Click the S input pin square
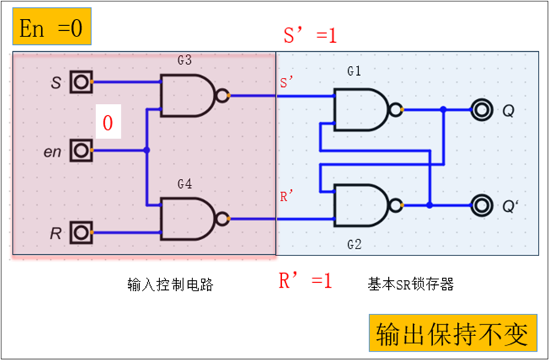[x=81, y=82]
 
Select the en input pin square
[x=81, y=150]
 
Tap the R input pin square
[x=81, y=232]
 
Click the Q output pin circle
[x=482, y=109]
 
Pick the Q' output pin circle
[x=482, y=205]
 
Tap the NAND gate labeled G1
[x=359, y=109]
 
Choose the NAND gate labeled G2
[x=359, y=205]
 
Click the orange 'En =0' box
[x=51, y=28]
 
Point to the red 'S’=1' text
[x=310, y=35]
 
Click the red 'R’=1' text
[x=305, y=281]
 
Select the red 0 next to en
[x=107, y=124]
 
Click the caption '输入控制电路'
[x=170, y=284]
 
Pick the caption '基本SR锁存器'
[x=411, y=284]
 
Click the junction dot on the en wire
[x=146, y=150]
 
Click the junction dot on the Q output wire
[x=443, y=109]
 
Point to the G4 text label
[x=184, y=185]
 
